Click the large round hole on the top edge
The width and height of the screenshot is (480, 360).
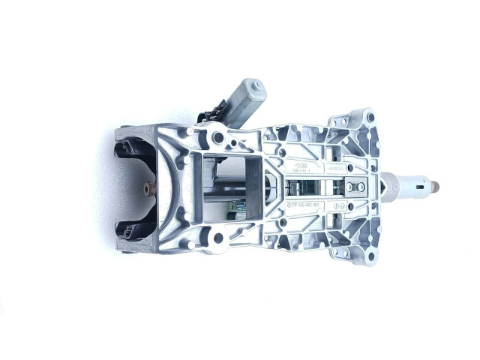(x=218, y=138)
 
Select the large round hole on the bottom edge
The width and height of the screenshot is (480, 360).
(x=218, y=238)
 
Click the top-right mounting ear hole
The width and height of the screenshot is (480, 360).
(x=368, y=118)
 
